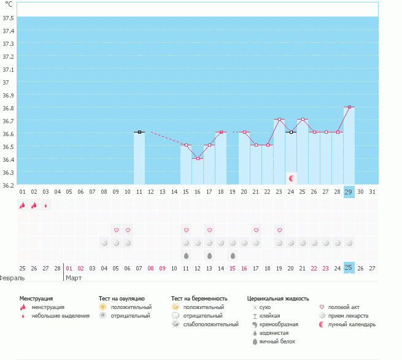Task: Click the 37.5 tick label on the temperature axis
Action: coord(9,18)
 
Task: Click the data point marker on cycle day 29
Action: coord(349,107)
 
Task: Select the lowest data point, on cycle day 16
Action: coord(198,158)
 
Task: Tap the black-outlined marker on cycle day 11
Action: coord(139,132)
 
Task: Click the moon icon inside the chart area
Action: coord(292,178)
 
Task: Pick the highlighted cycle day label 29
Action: coord(349,192)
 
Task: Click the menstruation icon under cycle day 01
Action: coord(22,205)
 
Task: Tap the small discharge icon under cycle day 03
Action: coord(45,205)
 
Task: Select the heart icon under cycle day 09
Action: coord(116,230)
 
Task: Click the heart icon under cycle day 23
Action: coord(279,230)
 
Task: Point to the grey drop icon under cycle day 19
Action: coord(233,255)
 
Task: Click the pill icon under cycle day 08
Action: coord(104,243)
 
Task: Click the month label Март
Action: coord(74,278)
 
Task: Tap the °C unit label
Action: coord(9,4)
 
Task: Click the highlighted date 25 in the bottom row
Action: coord(349,268)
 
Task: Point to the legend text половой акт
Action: coord(344,307)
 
